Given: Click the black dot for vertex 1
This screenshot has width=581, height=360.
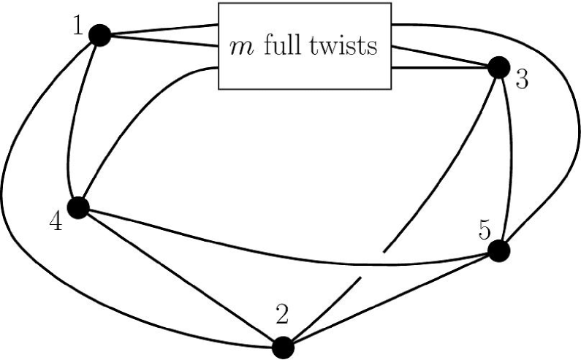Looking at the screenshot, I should [x=99, y=34].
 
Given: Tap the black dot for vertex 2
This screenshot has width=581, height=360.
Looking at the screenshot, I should [x=282, y=347].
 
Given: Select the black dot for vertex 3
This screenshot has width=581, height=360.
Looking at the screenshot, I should [x=499, y=68].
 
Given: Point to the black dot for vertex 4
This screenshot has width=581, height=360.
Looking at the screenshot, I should [x=77, y=207].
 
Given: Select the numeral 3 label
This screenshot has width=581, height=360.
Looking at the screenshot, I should [x=522, y=80].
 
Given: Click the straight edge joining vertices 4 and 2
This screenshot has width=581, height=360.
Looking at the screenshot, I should [x=179, y=277].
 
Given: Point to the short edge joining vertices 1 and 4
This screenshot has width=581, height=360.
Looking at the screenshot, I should [x=71, y=120].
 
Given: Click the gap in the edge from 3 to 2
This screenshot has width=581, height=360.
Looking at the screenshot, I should [x=371, y=265].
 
